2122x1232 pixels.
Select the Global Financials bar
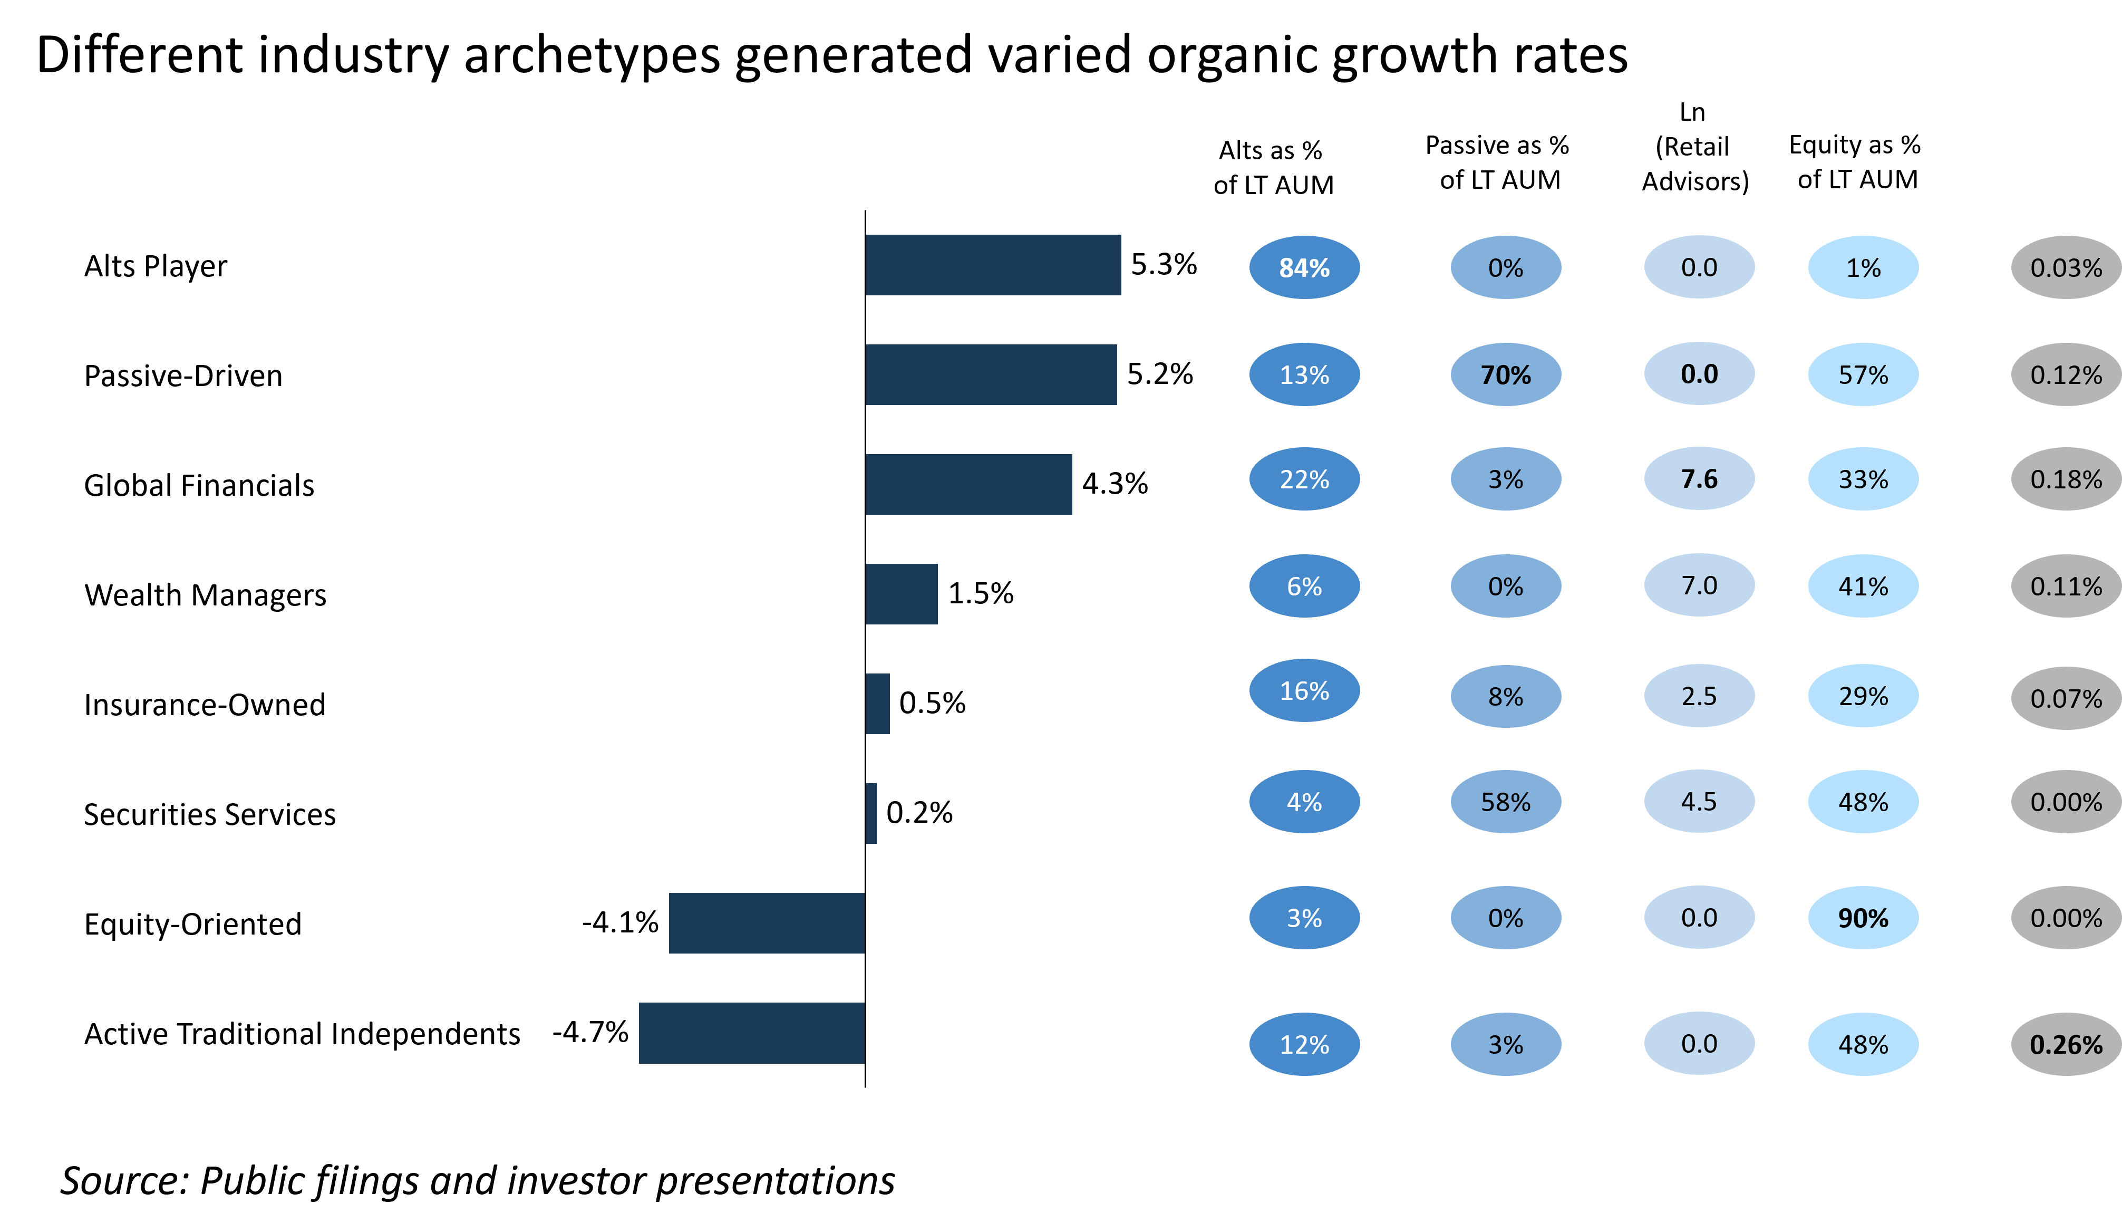[968, 484]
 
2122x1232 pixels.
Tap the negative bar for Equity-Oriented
[767, 923]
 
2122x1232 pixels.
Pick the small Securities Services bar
[871, 813]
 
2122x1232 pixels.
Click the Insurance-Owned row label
[205, 705]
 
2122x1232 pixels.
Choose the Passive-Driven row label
[183, 376]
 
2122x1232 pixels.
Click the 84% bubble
[1304, 268]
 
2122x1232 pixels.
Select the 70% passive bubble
[1506, 375]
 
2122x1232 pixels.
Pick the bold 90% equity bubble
[1864, 918]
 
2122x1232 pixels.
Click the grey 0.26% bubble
[2067, 1044]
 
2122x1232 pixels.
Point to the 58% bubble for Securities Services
[1506, 802]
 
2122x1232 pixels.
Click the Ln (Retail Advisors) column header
[1695, 147]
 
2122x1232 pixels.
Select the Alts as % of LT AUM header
[1273, 168]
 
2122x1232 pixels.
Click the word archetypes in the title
[592, 55]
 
